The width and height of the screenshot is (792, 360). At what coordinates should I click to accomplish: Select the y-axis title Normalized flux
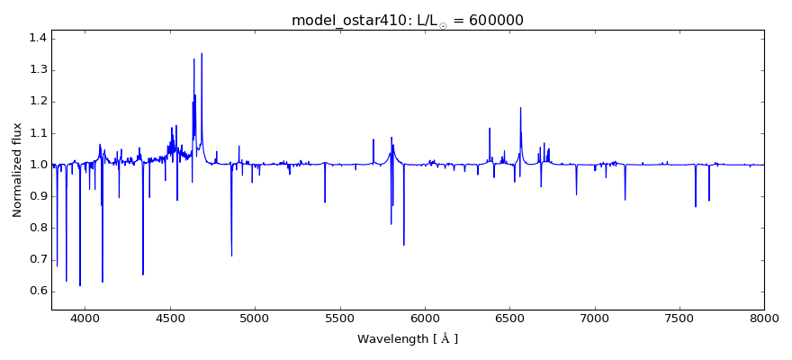pos(17,170)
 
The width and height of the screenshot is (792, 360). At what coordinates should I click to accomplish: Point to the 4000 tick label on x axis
pos(85,319)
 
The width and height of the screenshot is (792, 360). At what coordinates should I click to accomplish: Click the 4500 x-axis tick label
pos(170,319)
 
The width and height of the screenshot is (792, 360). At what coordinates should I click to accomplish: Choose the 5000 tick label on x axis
pos(255,319)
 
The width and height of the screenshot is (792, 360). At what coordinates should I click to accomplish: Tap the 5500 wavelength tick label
pos(339,319)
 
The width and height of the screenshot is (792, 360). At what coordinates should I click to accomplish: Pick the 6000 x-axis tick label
pos(425,319)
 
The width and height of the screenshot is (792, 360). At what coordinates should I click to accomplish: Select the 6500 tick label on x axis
pos(509,319)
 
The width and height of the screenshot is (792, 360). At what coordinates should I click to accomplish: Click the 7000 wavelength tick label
pos(594,319)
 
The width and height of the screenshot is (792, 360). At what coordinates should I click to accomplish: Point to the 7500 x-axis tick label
pos(679,319)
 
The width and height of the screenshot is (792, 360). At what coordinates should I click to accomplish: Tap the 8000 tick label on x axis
pos(764,319)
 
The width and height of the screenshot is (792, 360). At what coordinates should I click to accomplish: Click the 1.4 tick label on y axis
pos(37,39)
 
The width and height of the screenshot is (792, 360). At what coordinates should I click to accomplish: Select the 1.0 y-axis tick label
pos(37,165)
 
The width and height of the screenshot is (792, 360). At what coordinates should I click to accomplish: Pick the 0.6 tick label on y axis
pos(37,291)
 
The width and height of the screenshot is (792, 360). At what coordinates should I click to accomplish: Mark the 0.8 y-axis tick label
pos(37,228)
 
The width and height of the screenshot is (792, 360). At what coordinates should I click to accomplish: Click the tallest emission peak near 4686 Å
pos(202,53)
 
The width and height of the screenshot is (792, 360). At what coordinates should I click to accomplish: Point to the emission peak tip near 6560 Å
pos(520,108)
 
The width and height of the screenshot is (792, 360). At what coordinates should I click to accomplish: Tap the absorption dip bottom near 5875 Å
pos(404,245)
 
